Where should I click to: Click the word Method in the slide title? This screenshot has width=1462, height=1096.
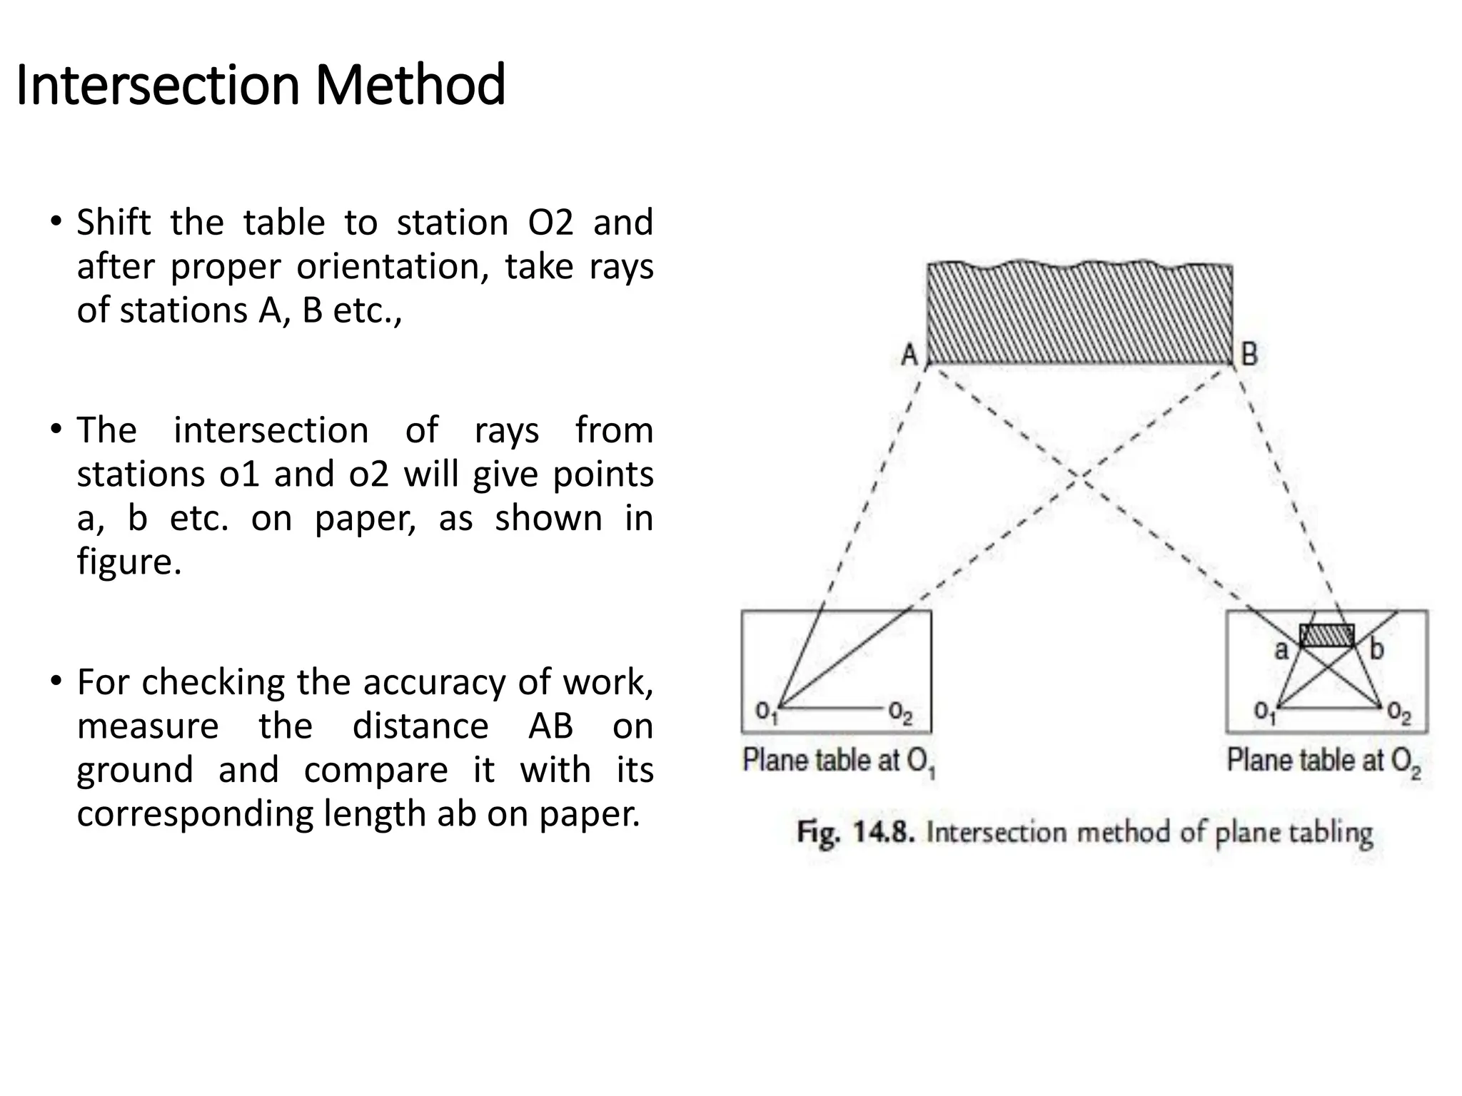pyautogui.click(x=410, y=85)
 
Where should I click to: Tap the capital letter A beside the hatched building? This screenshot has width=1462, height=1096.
pyautogui.click(x=909, y=354)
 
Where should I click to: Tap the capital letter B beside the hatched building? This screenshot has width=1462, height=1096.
pyautogui.click(x=1249, y=354)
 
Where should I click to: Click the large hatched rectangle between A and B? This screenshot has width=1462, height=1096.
pyautogui.click(x=1079, y=314)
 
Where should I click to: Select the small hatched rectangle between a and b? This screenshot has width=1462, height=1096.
pyautogui.click(x=1326, y=635)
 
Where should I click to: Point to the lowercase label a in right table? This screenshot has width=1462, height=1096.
pyautogui.click(x=1281, y=649)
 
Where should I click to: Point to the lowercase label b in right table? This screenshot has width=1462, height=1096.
pyautogui.click(x=1376, y=649)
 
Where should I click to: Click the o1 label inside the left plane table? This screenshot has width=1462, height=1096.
pyautogui.click(x=765, y=712)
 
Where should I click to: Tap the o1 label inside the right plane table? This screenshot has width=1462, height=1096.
pyautogui.click(x=1264, y=712)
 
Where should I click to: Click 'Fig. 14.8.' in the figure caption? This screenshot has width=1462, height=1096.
pyautogui.click(x=855, y=833)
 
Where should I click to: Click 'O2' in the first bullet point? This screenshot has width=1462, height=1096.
pyautogui.click(x=550, y=222)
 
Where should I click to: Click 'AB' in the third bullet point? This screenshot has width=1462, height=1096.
pyautogui.click(x=550, y=726)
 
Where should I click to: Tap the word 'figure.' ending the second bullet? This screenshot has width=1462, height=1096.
pyautogui.click(x=129, y=562)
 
